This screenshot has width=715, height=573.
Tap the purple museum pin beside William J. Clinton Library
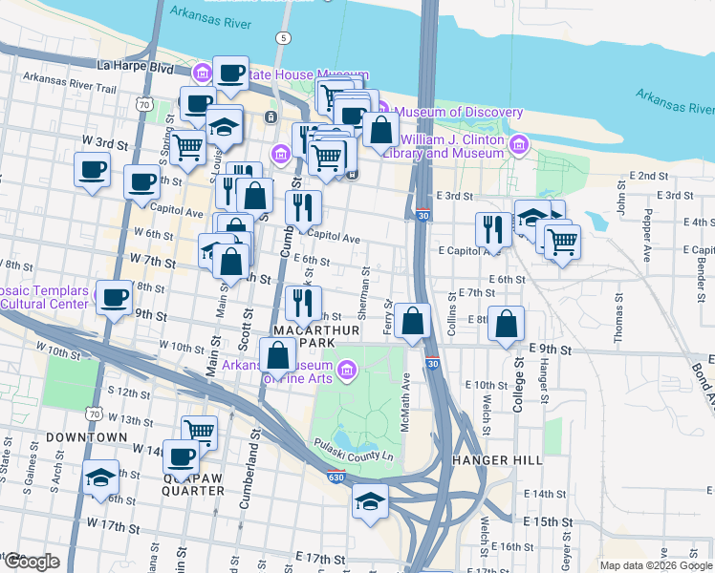point(519,145)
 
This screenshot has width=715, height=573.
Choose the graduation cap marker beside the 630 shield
point(370,499)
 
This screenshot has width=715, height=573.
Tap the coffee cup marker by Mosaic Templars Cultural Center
point(115,298)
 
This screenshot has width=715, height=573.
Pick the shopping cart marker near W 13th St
point(199,431)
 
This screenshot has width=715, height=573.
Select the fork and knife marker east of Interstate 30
point(492,228)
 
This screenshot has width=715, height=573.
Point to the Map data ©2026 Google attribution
point(656,565)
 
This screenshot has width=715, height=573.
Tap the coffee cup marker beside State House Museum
point(230,74)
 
